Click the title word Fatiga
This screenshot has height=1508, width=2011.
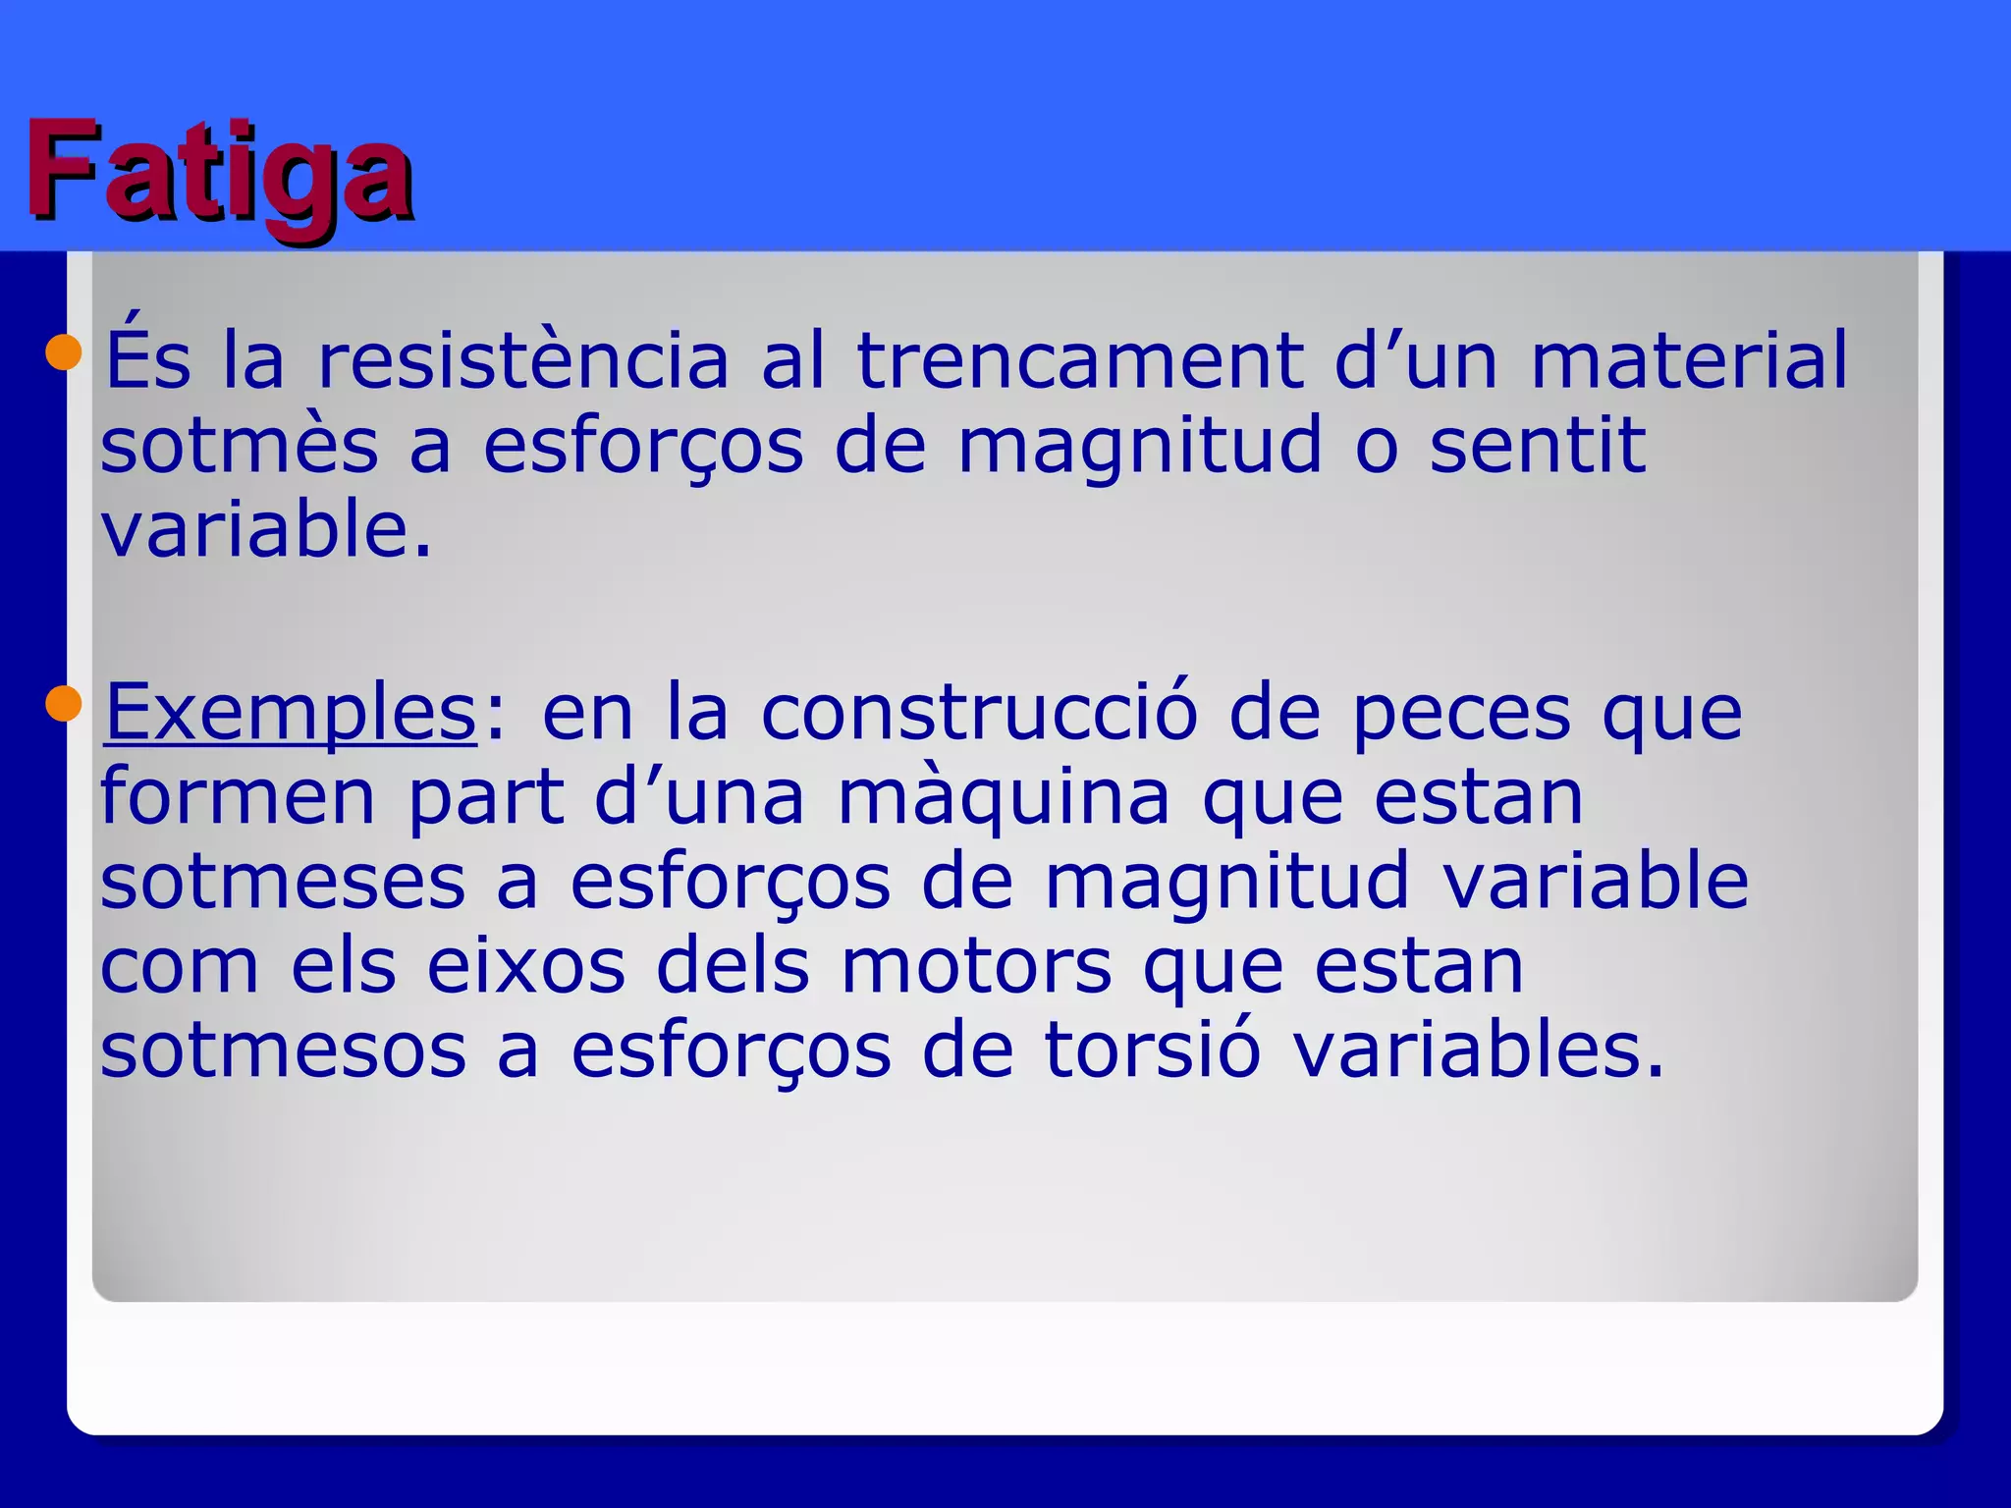(218, 171)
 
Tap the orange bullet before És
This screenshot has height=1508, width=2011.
(64, 351)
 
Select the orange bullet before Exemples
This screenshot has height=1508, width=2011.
(64, 703)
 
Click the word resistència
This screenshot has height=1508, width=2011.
(523, 359)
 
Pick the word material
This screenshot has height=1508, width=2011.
(1689, 359)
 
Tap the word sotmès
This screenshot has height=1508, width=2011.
(239, 445)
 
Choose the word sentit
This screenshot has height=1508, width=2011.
(1538, 445)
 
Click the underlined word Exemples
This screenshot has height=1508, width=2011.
(291, 713)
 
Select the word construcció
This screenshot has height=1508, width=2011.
(979, 713)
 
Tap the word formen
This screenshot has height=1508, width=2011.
(238, 796)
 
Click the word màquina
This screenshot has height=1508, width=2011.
(1004, 796)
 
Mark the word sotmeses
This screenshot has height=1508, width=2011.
(283, 881)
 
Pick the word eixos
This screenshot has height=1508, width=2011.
(526, 966)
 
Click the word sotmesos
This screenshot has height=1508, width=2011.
(283, 1050)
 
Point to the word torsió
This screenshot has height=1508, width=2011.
(1151, 1050)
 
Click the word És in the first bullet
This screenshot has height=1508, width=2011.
(147, 359)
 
